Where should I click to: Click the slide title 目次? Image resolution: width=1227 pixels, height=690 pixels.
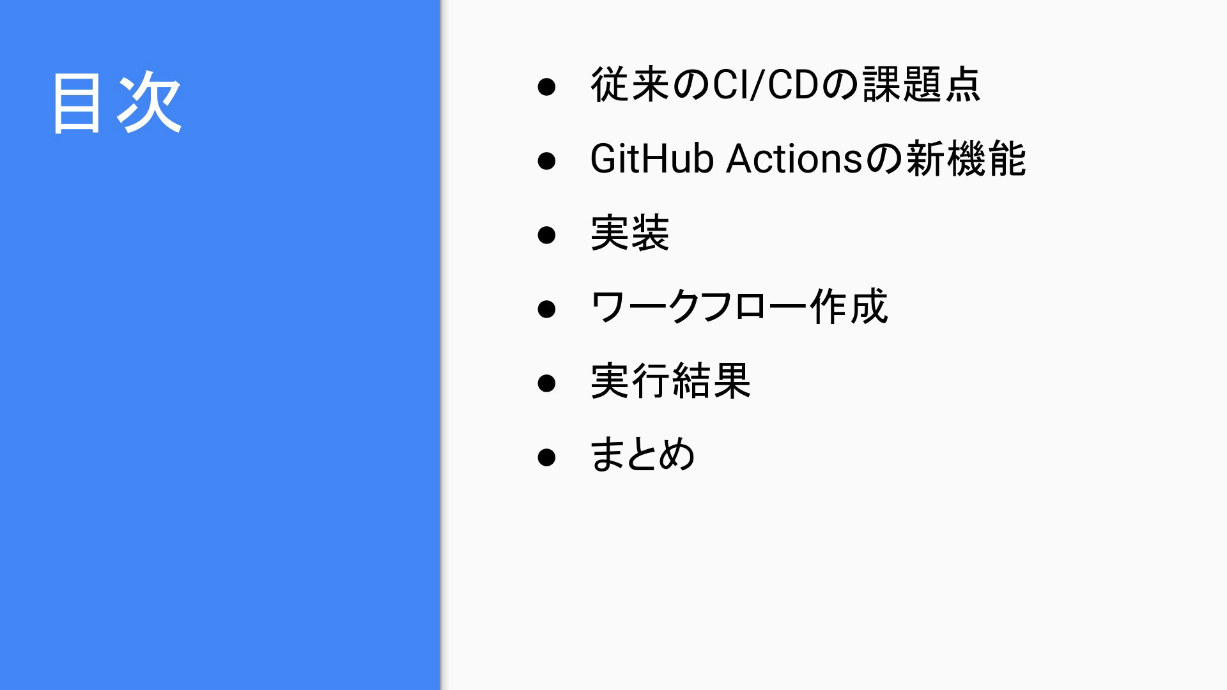tap(118, 102)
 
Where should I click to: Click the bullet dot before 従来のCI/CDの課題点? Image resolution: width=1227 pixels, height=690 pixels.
tap(546, 86)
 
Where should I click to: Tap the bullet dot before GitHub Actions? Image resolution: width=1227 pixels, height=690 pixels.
tap(546, 160)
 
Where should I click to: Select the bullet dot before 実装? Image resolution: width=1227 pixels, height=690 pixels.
tap(546, 234)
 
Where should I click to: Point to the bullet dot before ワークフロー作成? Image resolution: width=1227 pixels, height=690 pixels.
tap(546, 309)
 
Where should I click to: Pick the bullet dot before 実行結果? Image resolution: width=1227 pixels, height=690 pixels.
tap(546, 383)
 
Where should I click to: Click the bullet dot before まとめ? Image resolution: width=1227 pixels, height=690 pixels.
tap(546, 457)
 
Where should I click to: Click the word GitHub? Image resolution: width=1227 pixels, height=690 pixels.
tap(652, 158)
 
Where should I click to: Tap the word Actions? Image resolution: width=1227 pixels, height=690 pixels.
tap(795, 158)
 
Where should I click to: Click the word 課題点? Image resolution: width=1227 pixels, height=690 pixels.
tap(922, 84)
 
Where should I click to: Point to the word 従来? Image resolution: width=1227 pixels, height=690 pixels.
tap(630, 84)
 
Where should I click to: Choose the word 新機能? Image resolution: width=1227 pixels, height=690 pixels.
tap(966, 158)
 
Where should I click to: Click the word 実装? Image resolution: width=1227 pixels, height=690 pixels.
tap(630, 233)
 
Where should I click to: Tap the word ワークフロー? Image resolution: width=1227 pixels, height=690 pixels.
tap(699, 307)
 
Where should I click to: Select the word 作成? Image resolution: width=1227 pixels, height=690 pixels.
tap(849, 307)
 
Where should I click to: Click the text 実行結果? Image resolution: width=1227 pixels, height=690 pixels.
tap(670, 381)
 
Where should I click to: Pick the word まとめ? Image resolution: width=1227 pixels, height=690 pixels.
tap(643, 455)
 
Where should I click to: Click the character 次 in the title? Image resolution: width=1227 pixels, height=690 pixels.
tap(150, 102)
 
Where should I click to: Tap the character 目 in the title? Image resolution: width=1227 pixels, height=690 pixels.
tap(77, 102)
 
